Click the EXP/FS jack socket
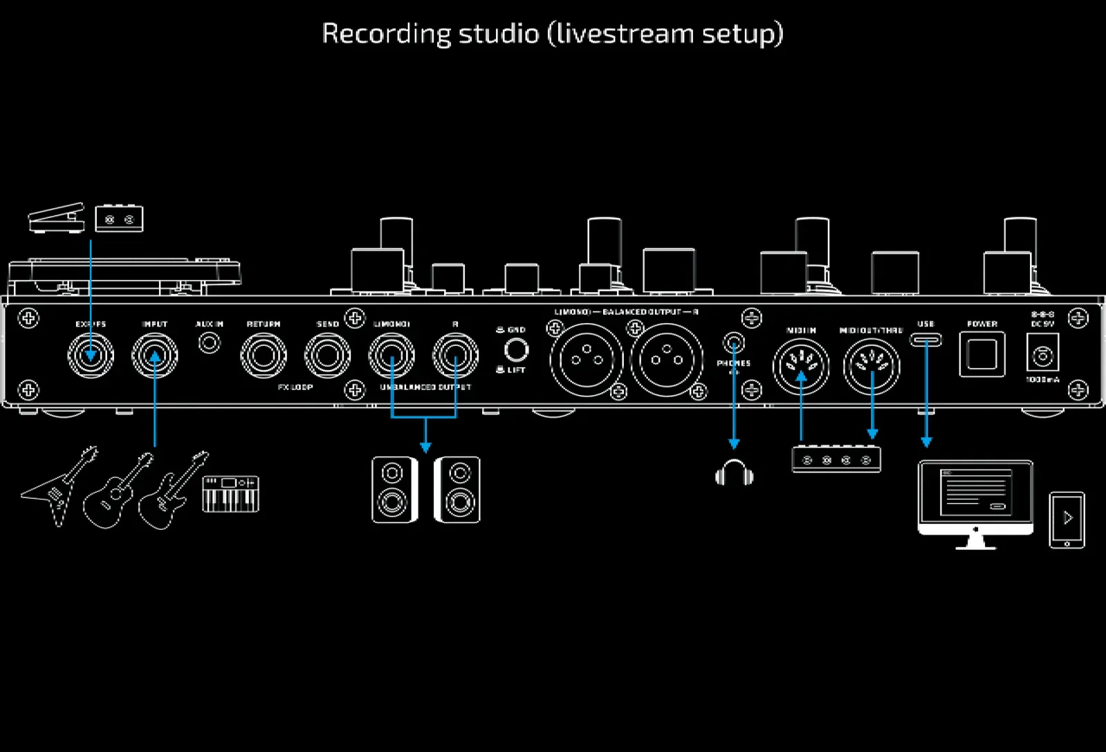[90, 356]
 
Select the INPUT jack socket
[155, 356]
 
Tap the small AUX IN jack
[209, 342]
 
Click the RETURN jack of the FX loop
[263, 356]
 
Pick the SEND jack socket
[327, 356]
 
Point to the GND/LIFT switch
[516, 350]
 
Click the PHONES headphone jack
[734, 342]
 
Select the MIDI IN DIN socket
[801, 366]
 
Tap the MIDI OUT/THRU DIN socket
[872, 366]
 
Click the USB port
[925, 340]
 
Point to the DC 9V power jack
[1042, 356]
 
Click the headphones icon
[734, 473]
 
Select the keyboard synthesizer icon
[230, 493]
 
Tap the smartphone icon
[1067, 520]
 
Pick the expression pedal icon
[56, 217]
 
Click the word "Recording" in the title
[386, 33]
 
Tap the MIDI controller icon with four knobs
[836, 459]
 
